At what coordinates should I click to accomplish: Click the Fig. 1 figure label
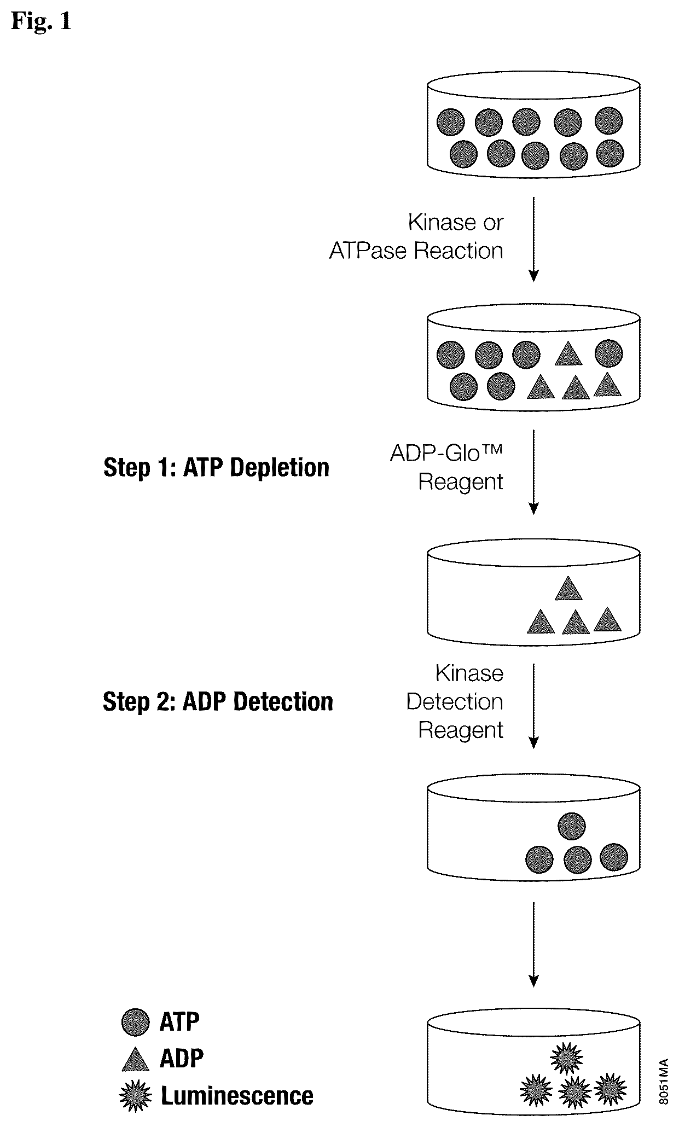pos(41,21)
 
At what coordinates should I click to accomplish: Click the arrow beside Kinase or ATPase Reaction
pos(534,239)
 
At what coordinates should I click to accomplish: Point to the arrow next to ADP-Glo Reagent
pos(534,472)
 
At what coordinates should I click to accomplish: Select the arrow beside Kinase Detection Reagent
pos(534,706)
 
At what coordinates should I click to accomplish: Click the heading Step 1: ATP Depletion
pos(217,468)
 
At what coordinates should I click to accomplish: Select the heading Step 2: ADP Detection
pos(218,701)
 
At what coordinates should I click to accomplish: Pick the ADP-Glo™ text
pos(446,454)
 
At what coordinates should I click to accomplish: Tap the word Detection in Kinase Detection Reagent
pos(455,701)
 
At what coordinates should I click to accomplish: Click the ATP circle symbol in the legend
pos(135,1022)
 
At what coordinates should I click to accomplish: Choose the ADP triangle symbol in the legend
pos(135,1059)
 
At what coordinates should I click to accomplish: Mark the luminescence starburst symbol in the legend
pos(135,1096)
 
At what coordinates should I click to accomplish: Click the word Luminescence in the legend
pos(237,1096)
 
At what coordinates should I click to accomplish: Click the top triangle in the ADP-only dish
pos(568,589)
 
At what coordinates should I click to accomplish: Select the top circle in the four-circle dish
pos(571,826)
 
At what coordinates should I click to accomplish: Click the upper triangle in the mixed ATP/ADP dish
pos(568,354)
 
